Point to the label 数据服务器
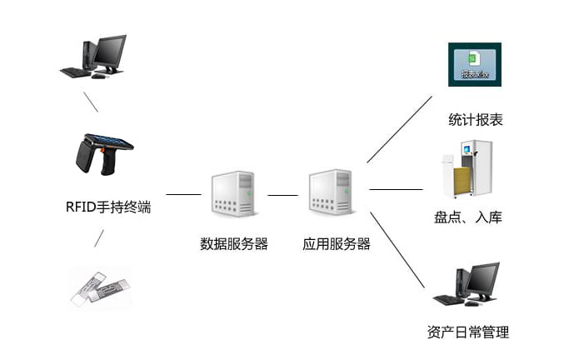click(x=234, y=244)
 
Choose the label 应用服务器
click(x=336, y=244)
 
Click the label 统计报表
click(x=476, y=120)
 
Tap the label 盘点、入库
click(x=468, y=218)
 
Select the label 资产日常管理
click(x=467, y=332)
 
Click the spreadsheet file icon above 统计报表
click(x=473, y=65)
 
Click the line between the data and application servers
click(x=282, y=195)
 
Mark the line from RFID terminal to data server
click(x=184, y=194)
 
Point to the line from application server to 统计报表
click(x=399, y=129)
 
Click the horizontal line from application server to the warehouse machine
click(x=396, y=189)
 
